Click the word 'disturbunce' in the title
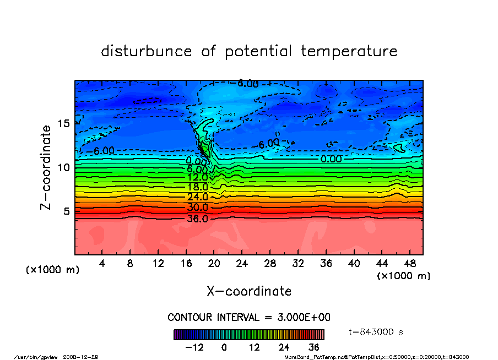[x=147, y=52]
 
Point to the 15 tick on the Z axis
[x=64, y=123]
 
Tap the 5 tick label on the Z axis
[x=67, y=211]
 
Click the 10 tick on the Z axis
[x=64, y=167]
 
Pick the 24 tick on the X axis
[x=242, y=263]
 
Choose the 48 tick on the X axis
[x=409, y=263]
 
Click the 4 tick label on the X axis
[x=102, y=263]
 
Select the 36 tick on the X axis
[x=326, y=263]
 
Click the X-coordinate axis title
[x=249, y=291]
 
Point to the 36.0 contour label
[x=198, y=219]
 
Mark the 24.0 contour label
[x=198, y=197]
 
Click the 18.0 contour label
[x=198, y=187]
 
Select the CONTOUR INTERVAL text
[x=248, y=318]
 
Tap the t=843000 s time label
[x=377, y=332]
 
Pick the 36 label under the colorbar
[x=314, y=347]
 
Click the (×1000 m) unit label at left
[x=53, y=270]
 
